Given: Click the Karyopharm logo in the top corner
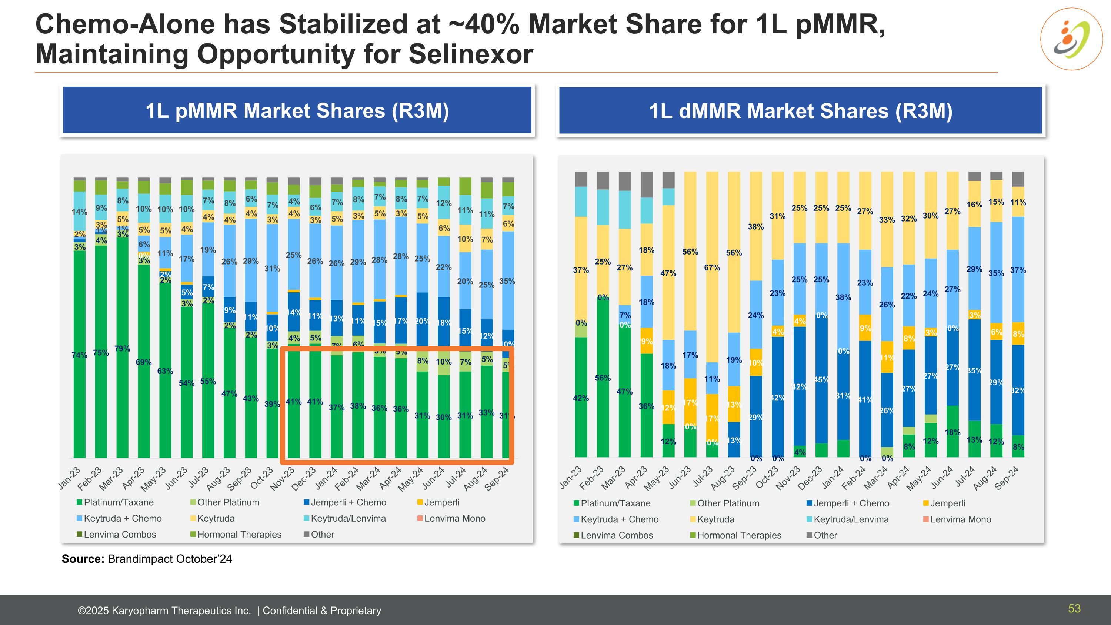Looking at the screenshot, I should click(x=1071, y=39).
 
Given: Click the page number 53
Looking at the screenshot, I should click(x=1074, y=609).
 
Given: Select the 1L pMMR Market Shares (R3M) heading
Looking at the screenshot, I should click(x=297, y=111).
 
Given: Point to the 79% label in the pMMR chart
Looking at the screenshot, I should click(x=122, y=349).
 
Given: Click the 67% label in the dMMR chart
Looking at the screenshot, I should click(x=712, y=268).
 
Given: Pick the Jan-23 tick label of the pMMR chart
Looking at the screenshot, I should click(x=70, y=478).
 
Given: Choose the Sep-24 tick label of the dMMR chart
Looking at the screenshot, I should click(x=1007, y=478).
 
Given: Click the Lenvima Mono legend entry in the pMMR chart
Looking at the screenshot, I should click(x=454, y=518).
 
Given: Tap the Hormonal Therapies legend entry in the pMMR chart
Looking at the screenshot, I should click(x=239, y=535).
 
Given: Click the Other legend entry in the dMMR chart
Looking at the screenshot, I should click(x=825, y=535).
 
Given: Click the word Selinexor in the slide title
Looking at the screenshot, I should click(x=471, y=54).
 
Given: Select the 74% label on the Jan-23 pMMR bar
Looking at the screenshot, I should click(x=79, y=355).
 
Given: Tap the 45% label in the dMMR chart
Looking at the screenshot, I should click(x=821, y=380).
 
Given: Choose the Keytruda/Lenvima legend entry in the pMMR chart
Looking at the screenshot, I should click(x=348, y=518).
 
